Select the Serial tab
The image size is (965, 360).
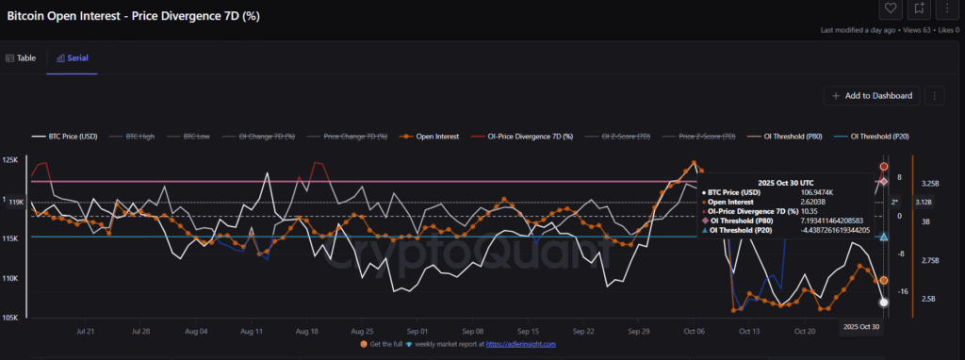point(73,57)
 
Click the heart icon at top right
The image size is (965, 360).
point(890,9)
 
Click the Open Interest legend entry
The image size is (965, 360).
point(430,137)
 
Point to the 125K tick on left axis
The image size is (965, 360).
point(11,161)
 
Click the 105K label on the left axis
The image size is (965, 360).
point(11,318)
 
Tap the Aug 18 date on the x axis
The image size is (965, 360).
point(306,332)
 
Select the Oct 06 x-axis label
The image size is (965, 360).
point(695,332)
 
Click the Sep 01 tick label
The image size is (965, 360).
point(417,332)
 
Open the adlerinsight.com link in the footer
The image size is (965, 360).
point(521,345)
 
